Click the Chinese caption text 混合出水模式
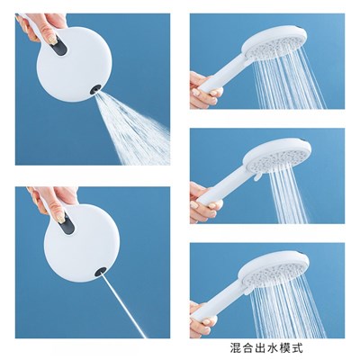pos(266,348)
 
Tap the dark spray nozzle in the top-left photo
pos(96,89)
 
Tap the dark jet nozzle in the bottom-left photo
pos(100,272)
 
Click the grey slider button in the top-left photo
pos(59,46)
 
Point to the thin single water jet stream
pos(123,305)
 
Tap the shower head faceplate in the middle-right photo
pos(277,157)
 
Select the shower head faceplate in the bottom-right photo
pos(273,273)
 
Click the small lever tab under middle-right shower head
pos(256,176)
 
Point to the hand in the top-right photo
pos(205,89)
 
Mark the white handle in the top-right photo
pos(222,72)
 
